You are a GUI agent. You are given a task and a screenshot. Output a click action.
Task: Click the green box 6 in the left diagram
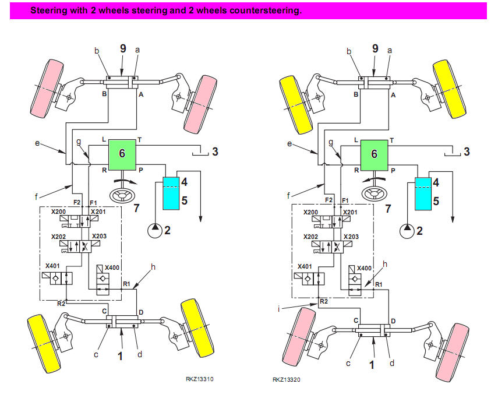click(122, 153)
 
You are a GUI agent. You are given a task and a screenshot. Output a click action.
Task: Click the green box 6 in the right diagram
click(374, 153)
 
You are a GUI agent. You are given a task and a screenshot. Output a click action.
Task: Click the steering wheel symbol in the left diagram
click(123, 192)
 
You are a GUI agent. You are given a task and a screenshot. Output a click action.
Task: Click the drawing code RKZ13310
click(199, 379)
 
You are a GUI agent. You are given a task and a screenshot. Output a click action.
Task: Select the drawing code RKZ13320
click(285, 379)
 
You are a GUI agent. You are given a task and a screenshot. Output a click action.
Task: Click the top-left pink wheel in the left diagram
click(45, 86)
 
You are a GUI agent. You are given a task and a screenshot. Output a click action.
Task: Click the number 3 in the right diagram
click(467, 152)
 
